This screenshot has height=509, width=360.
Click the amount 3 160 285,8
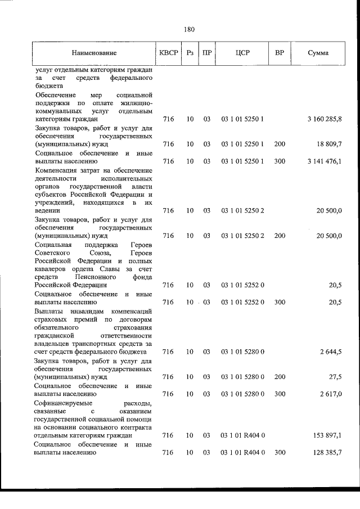tap(325, 119)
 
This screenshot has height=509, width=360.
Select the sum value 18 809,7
tap(328, 145)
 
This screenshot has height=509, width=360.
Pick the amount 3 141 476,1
tap(325, 161)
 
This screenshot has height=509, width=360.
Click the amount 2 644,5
tap(331, 352)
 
